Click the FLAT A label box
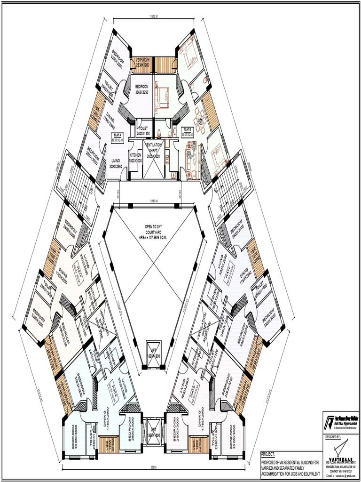tap(116, 138)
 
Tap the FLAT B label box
tap(188, 131)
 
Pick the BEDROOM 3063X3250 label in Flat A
tap(142, 89)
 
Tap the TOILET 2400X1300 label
tap(143, 131)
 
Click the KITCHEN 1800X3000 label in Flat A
tap(135, 158)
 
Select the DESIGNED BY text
tap(334, 437)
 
